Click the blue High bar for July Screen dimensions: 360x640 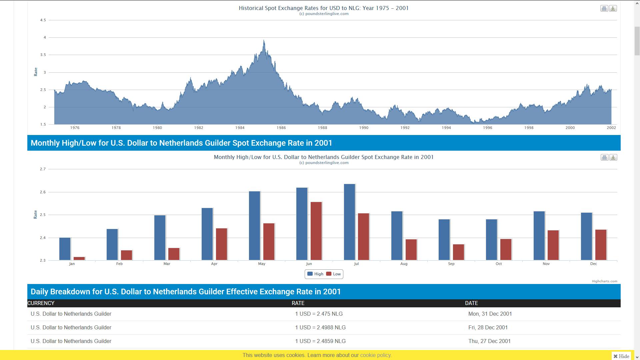tap(349, 222)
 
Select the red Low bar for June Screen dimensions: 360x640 tap(316, 231)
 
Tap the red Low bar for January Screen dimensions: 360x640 tap(79, 258)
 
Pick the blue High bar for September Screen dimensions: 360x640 tap(444, 240)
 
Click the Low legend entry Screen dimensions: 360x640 tap(333, 274)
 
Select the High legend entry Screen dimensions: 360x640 tap(315, 274)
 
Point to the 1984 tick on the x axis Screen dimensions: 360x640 tap(240, 128)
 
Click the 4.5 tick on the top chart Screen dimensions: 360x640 tap(43, 20)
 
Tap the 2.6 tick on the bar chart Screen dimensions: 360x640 tap(43, 192)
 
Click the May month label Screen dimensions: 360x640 tap(262, 264)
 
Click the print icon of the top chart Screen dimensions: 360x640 tap(604, 9)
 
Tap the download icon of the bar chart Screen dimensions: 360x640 tap(613, 158)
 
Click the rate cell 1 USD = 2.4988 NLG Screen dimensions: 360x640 tap(320, 327)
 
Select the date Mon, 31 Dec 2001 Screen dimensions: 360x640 tap(490, 314)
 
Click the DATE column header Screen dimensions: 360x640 tap(471, 303)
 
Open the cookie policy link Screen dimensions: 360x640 tap(376, 355)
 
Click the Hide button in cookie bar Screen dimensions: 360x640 tap(621, 356)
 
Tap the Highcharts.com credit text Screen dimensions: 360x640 tap(604, 281)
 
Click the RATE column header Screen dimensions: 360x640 tap(298, 303)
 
